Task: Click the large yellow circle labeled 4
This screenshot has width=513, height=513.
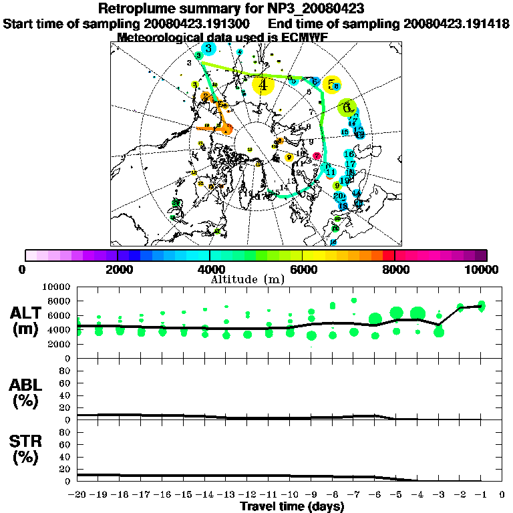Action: [x=263, y=85]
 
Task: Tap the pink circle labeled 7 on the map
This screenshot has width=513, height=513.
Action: [x=317, y=156]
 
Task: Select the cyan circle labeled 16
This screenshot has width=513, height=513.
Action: [x=348, y=154]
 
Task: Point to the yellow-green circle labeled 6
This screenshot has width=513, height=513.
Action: [x=346, y=106]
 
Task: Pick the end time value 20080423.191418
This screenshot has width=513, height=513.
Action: [x=456, y=24]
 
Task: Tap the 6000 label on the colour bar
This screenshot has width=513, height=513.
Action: [x=303, y=269]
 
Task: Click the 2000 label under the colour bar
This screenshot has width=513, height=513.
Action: [x=118, y=269]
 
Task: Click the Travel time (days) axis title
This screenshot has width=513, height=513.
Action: [x=292, y=507]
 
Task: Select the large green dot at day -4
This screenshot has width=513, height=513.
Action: [x=418, y=313]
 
